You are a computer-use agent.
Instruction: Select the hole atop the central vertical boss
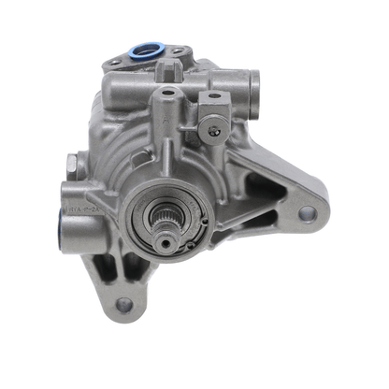click(167, 94)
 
